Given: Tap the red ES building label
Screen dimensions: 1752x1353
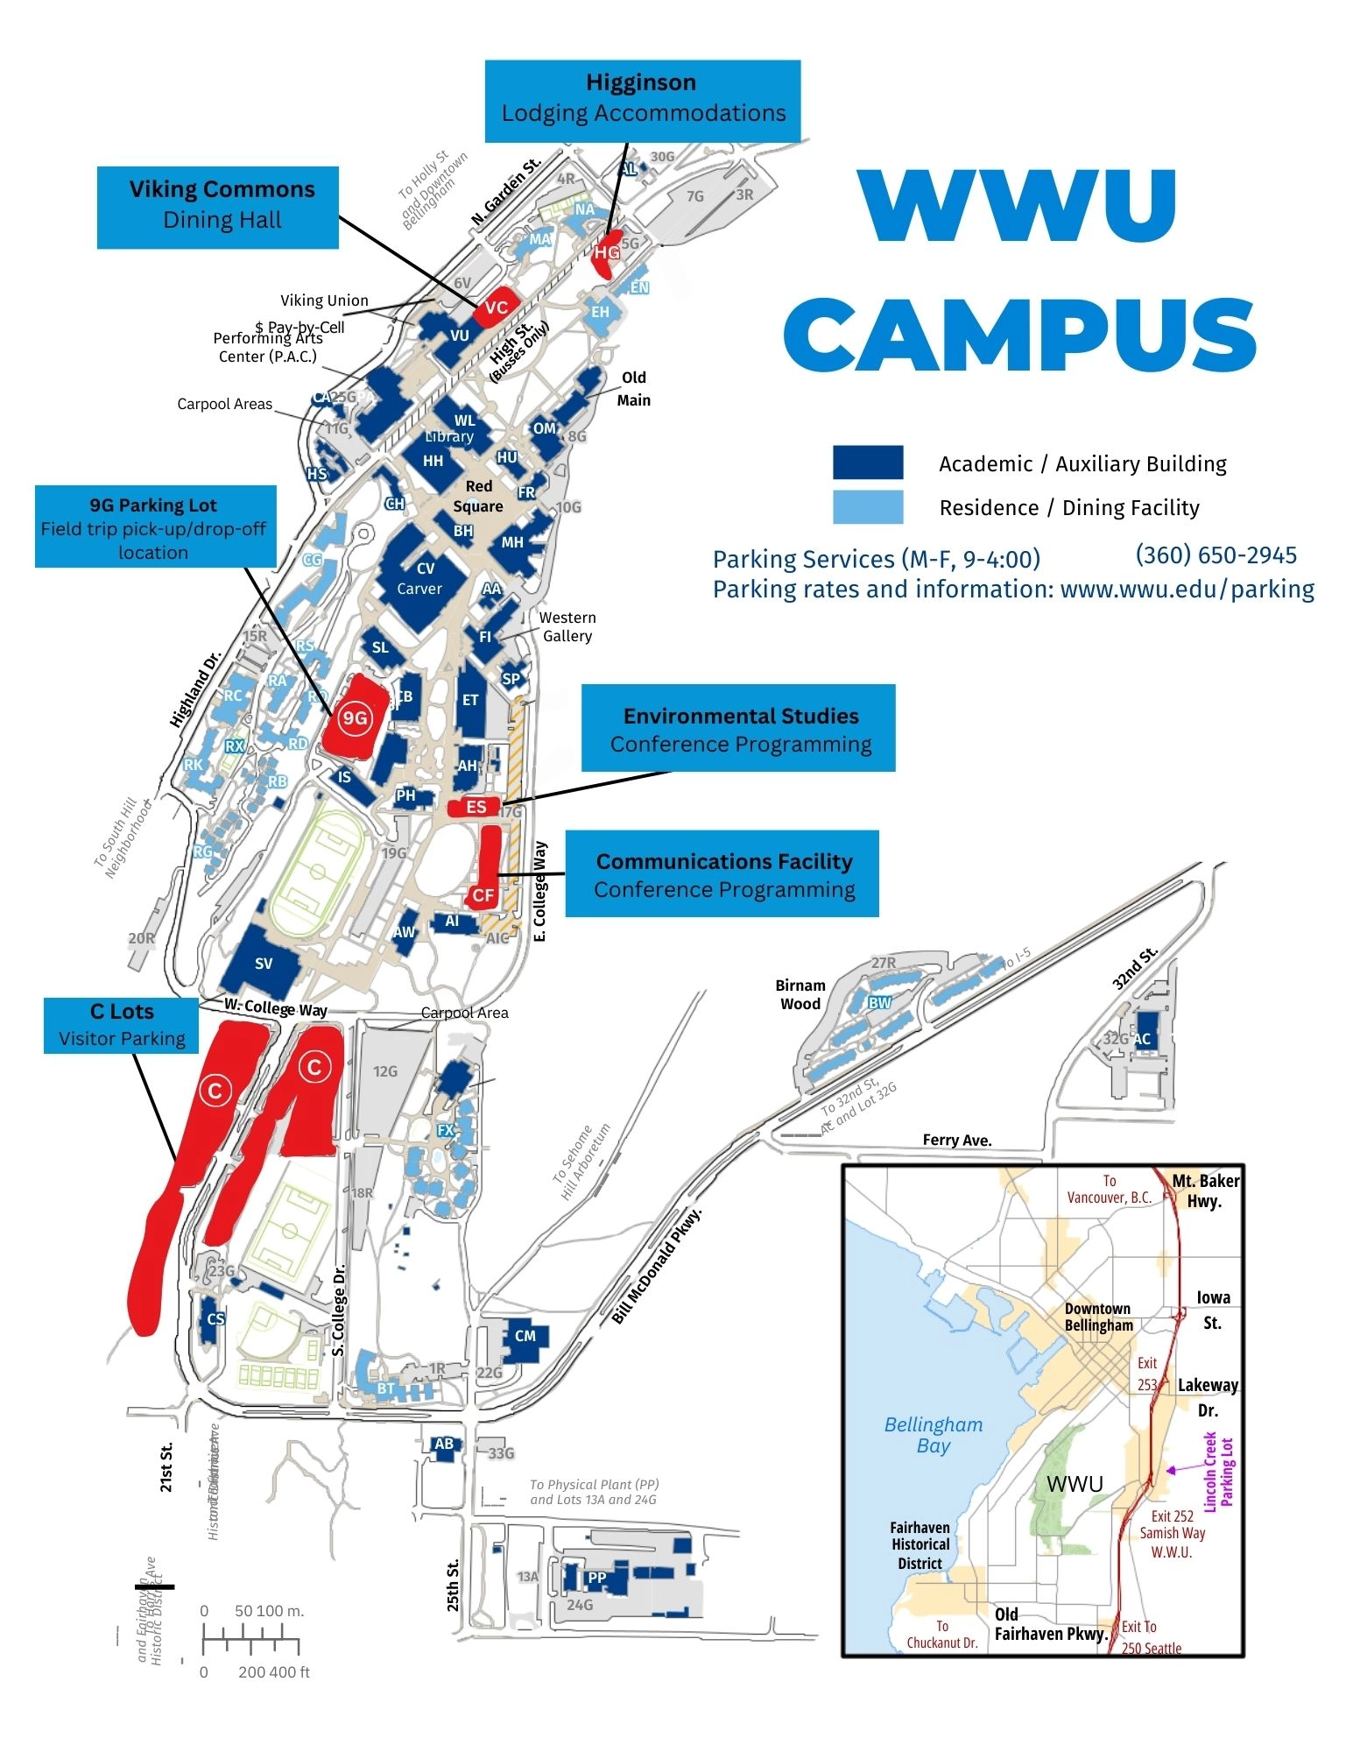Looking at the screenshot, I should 476,807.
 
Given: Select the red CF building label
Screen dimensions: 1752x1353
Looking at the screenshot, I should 483,894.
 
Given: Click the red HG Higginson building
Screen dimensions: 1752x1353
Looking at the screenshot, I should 607,251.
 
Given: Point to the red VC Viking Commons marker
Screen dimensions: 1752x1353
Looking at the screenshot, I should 497,307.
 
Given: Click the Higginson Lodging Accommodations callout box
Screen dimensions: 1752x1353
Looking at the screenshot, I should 643,99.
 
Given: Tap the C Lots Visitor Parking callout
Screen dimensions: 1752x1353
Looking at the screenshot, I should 122,1025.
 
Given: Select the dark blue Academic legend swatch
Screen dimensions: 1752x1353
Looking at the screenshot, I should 867,463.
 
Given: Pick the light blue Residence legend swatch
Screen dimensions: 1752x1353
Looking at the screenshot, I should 867,507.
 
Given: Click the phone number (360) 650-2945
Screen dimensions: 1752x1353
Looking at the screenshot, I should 1216,555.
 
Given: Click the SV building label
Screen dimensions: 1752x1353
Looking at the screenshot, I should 264,964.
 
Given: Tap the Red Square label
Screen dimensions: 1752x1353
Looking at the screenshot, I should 478,496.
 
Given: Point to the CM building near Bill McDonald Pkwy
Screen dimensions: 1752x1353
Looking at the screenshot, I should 525,1336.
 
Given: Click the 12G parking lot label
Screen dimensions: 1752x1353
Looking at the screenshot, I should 385,1070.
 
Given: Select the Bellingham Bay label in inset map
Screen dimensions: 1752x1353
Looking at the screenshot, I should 933,1435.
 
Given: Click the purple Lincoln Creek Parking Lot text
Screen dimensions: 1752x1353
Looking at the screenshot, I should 1218,1472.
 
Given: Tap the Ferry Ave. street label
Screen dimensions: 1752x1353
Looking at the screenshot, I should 956,1140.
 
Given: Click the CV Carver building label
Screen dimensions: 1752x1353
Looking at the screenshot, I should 420,578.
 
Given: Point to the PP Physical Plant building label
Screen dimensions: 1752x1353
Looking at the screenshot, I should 597,1578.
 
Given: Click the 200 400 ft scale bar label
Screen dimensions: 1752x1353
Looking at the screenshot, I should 273,1672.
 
